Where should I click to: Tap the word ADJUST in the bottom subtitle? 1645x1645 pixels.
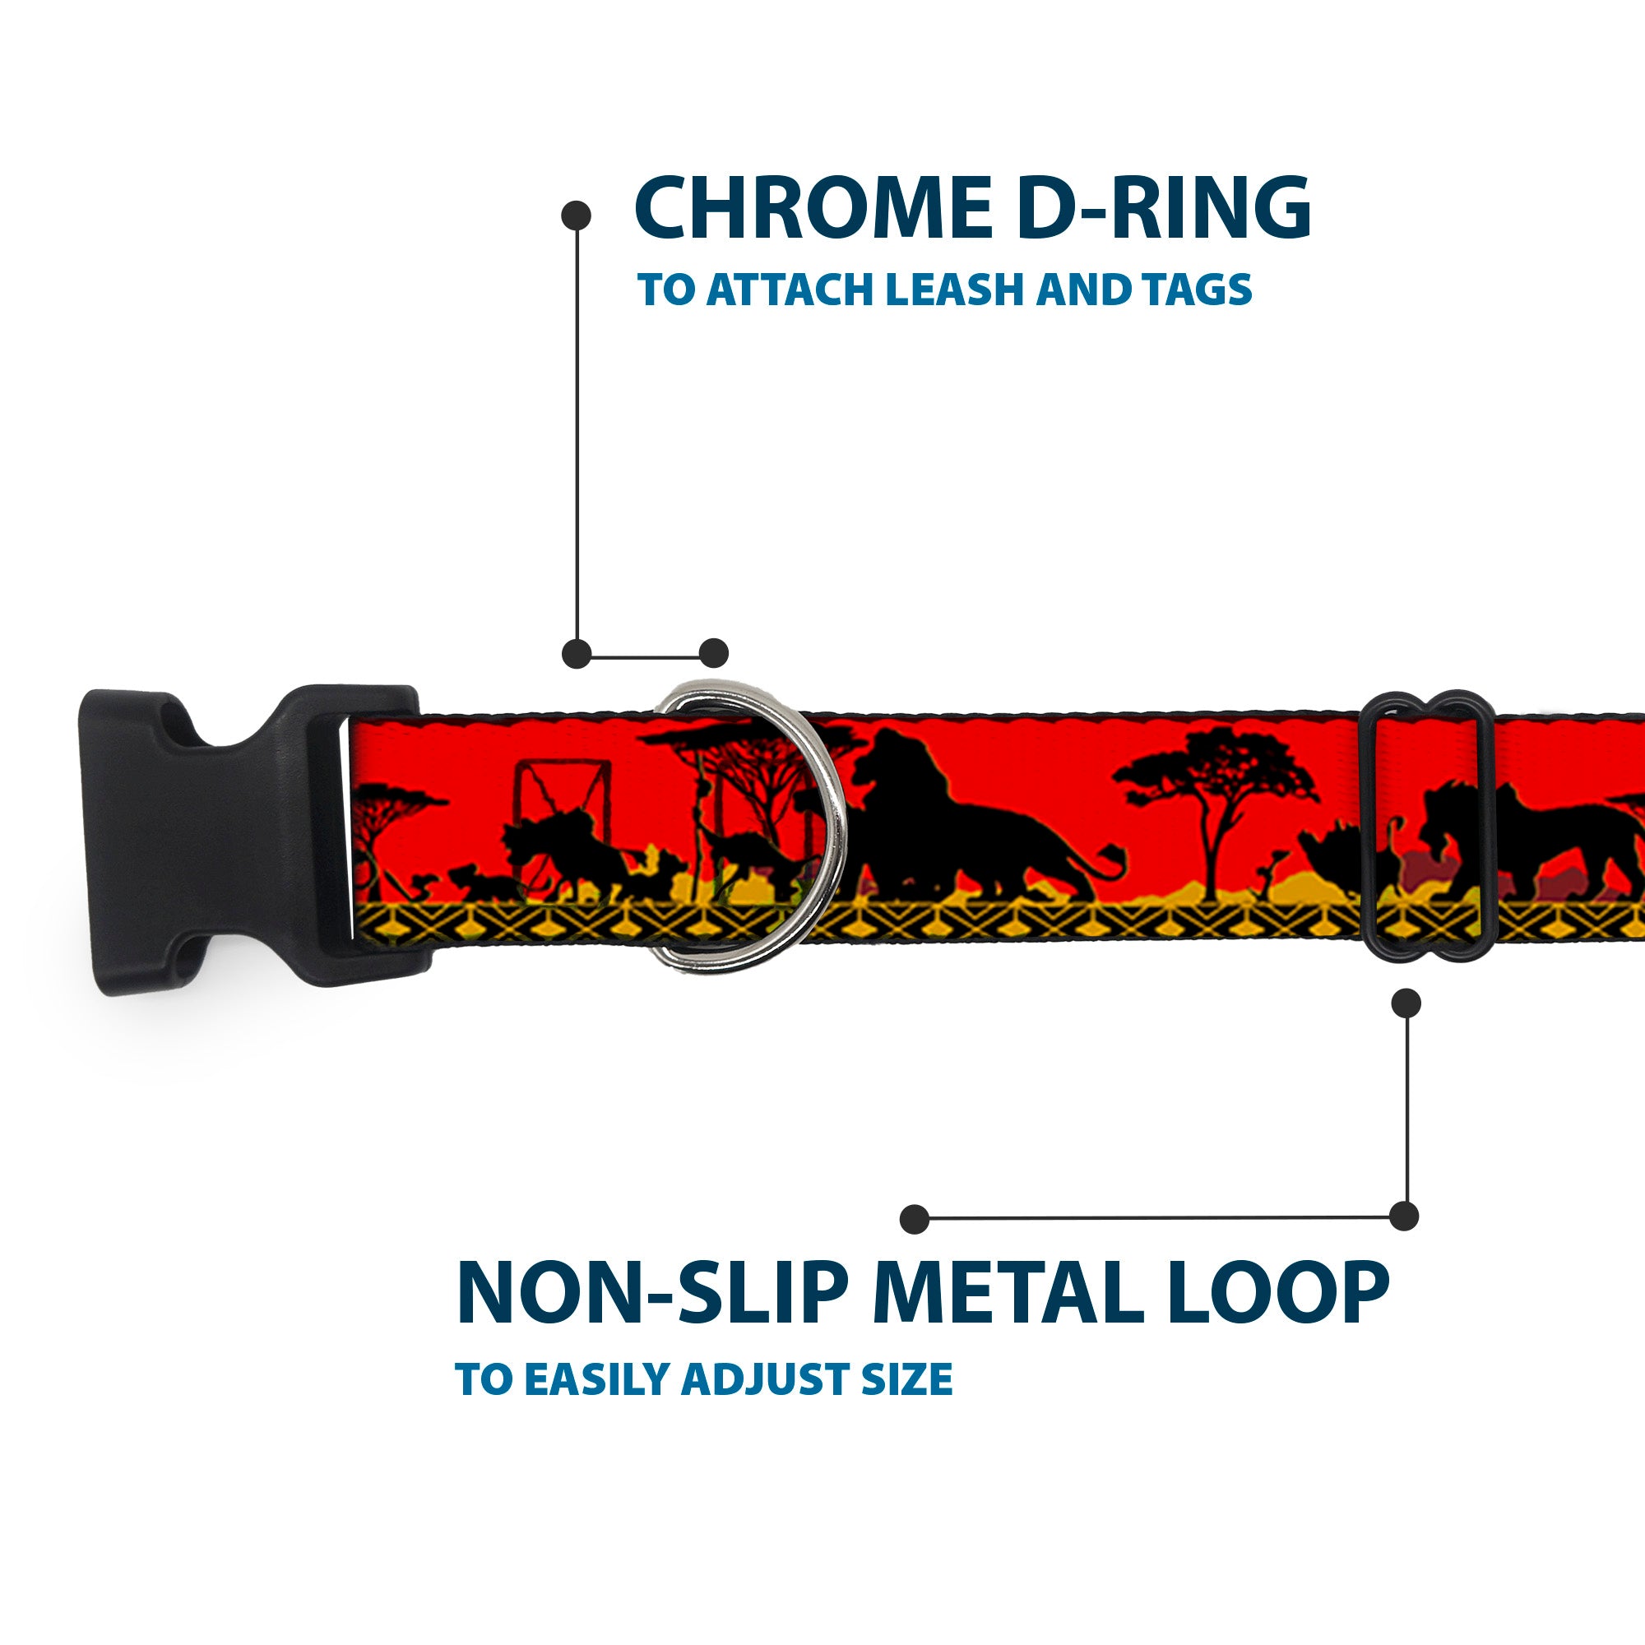767,1379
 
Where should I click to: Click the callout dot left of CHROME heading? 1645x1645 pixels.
577,215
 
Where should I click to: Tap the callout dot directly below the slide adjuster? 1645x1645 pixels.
1406,1003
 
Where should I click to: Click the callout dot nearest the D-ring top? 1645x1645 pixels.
713,654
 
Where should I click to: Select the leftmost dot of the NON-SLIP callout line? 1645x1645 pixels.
915,1219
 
